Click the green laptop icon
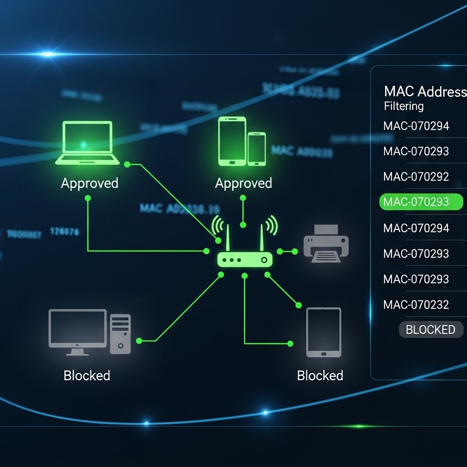coord(87,142)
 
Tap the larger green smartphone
coord(232,140)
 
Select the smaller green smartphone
coord(257,149)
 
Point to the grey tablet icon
coord(323,332)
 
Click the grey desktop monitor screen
coord(78,327)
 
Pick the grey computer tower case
coord(120,333)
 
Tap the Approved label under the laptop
coord(89,183)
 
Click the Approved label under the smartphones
coord(243,183)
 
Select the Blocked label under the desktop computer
coord(87,375)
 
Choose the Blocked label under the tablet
coord(320,375)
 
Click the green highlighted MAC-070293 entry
coord(420,202)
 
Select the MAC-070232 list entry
coord(416,304)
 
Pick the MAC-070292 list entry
coord(416,176)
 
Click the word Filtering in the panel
coord(404,106)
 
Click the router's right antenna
coord(262,237)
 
